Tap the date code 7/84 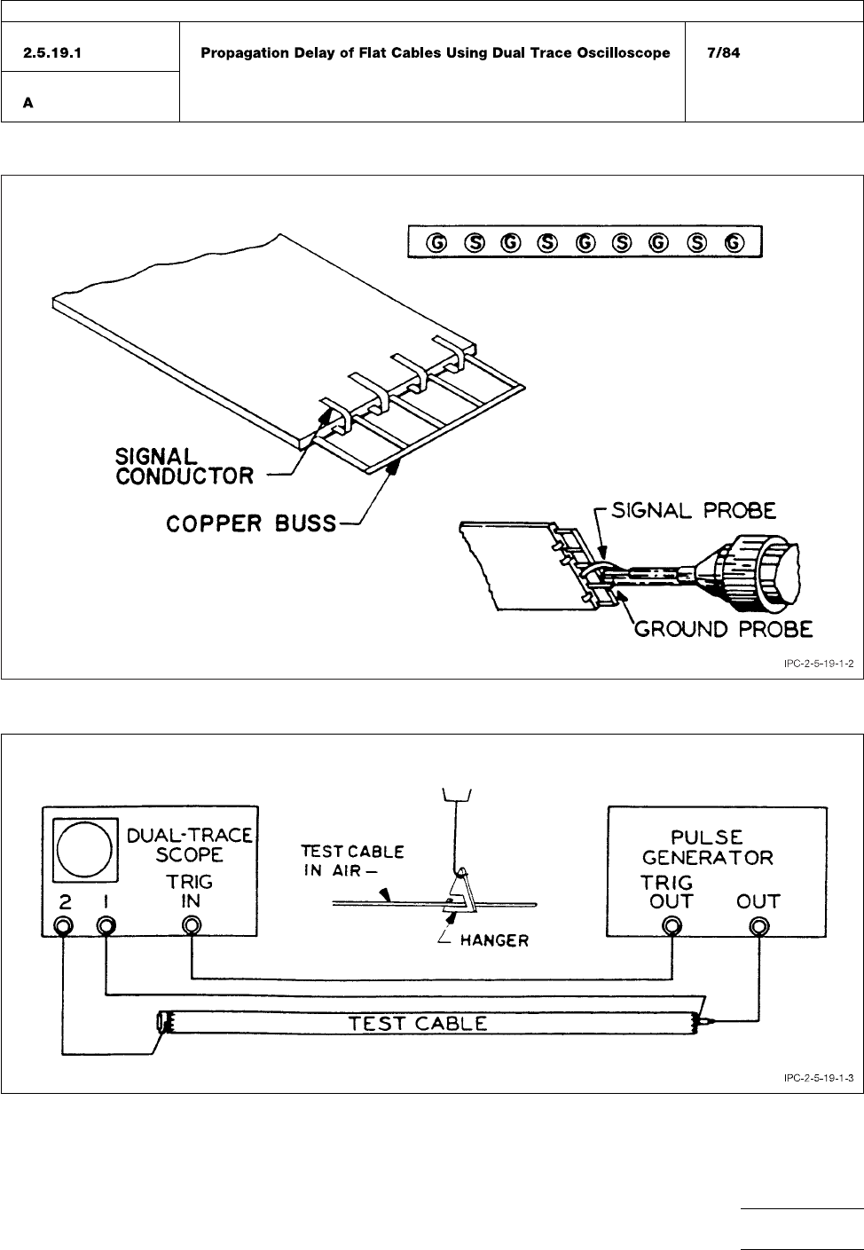pos(723,53)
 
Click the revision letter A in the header pos(28,103)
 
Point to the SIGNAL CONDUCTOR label pos(184,466)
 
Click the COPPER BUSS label pos(251,523)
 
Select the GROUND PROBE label pos(722,629)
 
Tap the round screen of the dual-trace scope pos(85,847)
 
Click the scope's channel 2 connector pos(63,926)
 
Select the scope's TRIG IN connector pos(191,926)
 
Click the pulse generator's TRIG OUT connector pos(672,926)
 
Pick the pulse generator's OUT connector pos(758,926)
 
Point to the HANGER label pos(493,940)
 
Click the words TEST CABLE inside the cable pos(418,1023)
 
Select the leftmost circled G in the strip pos(436,241)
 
